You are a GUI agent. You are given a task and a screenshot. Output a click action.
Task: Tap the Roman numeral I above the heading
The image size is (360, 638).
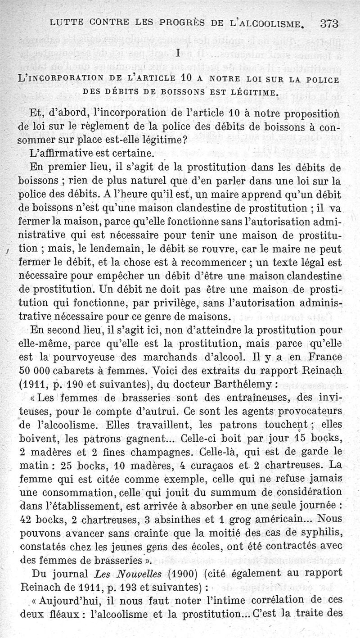point(179,53)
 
